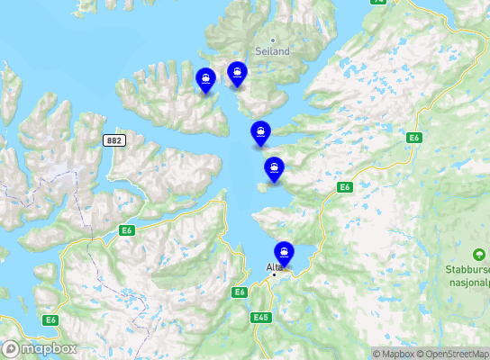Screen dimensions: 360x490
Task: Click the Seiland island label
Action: [x=273, y=51]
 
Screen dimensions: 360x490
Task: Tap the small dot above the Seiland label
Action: [x=273, y=40]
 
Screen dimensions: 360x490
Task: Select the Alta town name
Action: [x=275, y=267]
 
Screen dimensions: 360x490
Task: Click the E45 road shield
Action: [x=262, y=317]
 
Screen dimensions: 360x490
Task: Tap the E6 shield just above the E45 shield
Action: [x=240, y=292]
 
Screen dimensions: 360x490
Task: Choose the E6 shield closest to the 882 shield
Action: [x=127, y=231]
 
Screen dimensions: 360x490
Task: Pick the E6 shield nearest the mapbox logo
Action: [x=49, y=319]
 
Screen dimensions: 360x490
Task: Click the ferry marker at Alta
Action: [x=285, y=252]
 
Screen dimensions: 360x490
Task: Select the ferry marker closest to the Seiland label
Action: [x=237, y=73]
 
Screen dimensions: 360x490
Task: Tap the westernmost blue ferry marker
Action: [x=206, y=79]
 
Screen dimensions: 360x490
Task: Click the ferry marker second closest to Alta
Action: [x=274, y=167]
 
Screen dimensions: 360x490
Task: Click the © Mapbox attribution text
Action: [x=394, y=354]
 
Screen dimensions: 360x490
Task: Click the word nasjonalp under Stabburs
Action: [x=467, y=281]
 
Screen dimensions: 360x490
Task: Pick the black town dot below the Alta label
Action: [x=275, y=275]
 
